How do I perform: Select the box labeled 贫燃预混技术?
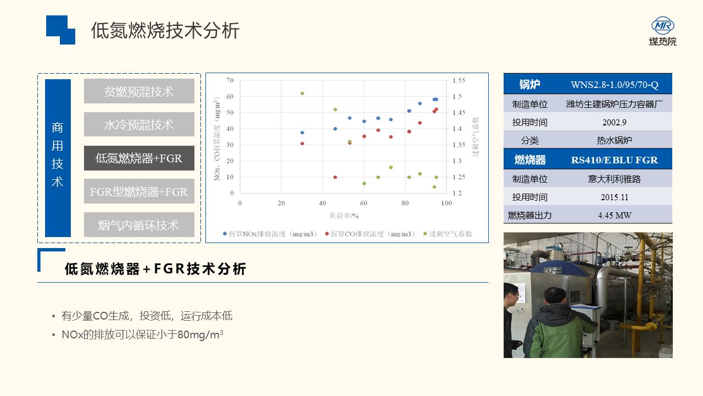click(x=139, y=91)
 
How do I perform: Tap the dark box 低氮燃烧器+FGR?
click(x=139, y=158)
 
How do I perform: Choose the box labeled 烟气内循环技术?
click(x=139, y=224)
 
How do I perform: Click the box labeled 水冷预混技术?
click(x=139, y=124)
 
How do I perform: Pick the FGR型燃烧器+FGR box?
click(x=139, y=191)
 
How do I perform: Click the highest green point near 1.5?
click(x=302, y=94)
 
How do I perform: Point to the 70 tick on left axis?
click(x=230, y=80)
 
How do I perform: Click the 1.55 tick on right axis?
click(x=459, y=80)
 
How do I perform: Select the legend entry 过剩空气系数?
click(x=448, y=234)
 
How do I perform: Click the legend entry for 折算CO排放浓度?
click(x=370, y=234)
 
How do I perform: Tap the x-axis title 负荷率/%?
click(x=344, y=216)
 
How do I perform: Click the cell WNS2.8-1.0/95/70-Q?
click(x=614, y=85)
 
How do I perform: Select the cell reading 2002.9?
click(x=614, y=122)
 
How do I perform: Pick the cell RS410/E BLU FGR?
click(x=614, y=160)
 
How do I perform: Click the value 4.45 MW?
click(x=614, y=215)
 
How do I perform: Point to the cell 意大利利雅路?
click(x=614, y=179)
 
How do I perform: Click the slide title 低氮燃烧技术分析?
click(x=165, y=30)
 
